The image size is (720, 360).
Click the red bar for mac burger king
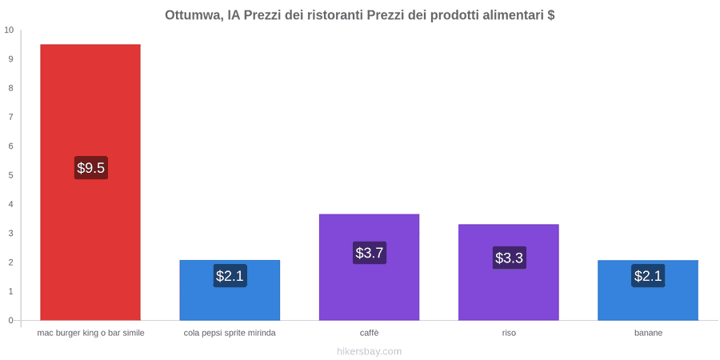point(90,182)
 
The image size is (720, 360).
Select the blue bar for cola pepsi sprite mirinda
point(230,290)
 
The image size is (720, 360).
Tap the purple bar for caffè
point(369,267)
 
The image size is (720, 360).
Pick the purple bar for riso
point(508,272)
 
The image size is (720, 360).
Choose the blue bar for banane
point(648,290)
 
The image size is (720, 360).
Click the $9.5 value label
point(91,168)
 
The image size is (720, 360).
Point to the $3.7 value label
point(369,253)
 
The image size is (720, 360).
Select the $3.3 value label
point(509,258)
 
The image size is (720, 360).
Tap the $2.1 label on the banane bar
point(648,276)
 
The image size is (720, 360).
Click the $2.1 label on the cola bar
point(230,276)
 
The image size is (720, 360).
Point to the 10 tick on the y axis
point(9,30)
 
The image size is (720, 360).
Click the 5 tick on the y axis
point(11,175)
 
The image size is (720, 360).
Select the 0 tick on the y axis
point(11,321)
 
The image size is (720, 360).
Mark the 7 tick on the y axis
point(11,117)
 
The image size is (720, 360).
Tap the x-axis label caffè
point(369,333)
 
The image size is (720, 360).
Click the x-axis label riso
point(509,333)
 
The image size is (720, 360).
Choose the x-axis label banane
point(648,333)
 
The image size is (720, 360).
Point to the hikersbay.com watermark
point(369,352)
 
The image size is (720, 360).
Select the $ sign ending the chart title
point(551,15)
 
